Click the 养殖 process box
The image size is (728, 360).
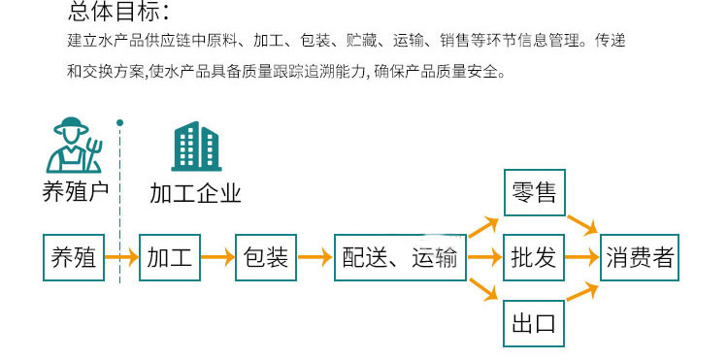(73, 258)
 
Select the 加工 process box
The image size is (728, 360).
(168, 258)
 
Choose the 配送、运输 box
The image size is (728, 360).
(399, 258)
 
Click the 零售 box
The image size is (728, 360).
(533, 194)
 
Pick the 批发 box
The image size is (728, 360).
(533, 258)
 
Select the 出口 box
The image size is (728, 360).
(533, 322)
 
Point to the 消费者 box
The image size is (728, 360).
(640, 258)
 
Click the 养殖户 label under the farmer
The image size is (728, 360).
(75, 192)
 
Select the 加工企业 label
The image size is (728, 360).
(195, 192)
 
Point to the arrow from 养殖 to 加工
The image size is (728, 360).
(120, 258)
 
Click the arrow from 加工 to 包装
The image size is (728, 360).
(216, 258)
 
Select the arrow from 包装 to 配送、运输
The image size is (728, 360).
(314, 258)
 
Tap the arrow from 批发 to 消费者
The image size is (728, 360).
(581, 258)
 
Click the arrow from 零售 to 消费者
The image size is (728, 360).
(581, 224)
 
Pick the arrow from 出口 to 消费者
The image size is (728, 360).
(581, 292)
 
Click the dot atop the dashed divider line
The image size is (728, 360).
(119, 123)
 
